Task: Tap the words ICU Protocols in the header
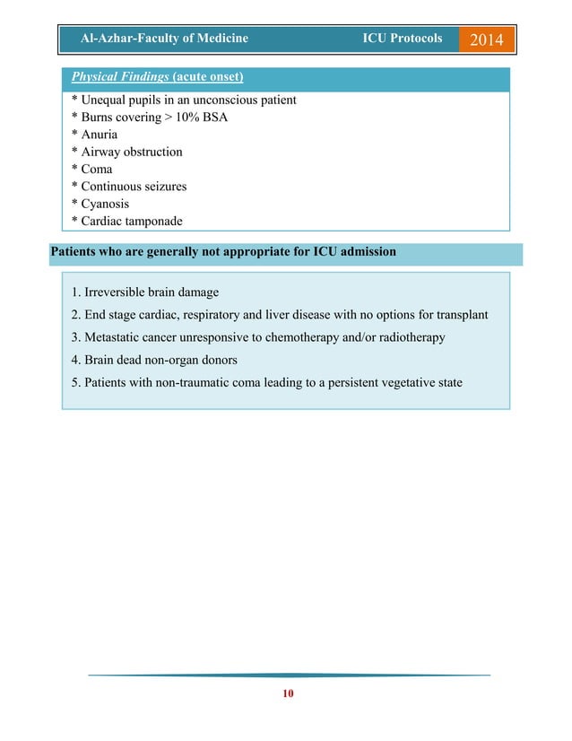point(402,38)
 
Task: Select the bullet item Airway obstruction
point(130,152)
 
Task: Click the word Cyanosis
point(103,204)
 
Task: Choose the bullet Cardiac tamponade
point(132,222)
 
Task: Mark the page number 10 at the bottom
point(287,694)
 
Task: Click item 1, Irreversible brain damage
point(144,292)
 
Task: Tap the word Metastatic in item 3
point(115,337)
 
